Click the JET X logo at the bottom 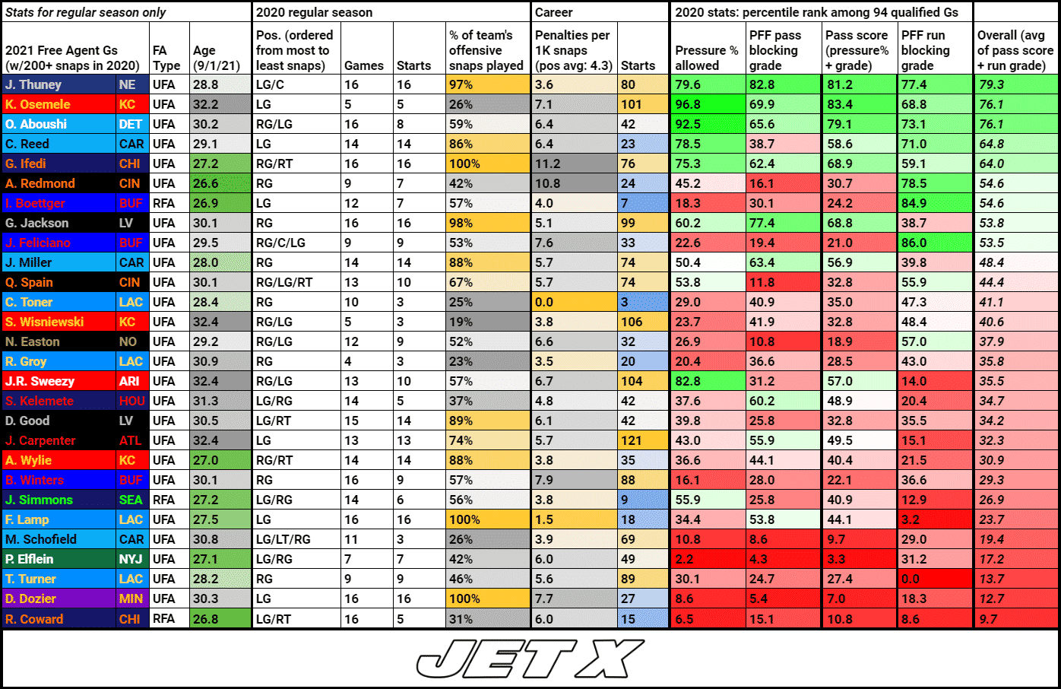point(530,659)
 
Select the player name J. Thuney point(33,84)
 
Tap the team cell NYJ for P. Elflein point(130,559)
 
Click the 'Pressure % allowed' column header point(707,58)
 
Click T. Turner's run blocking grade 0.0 point(911,579)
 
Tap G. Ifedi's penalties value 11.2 point(547,164)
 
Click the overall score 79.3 point(992,84)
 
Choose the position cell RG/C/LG point(280,243)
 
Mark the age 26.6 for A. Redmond point(206,183)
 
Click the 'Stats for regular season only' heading point(85,12)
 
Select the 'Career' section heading point(554,12)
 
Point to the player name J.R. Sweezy point(40,381)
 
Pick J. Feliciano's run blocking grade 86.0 point(914,243)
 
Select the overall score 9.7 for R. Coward point(988,619)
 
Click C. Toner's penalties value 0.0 point(544,302)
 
